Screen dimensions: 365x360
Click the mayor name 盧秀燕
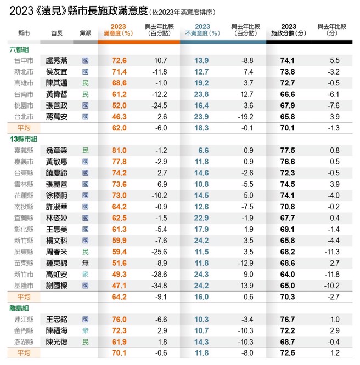tap(58, 61)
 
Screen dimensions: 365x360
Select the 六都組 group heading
tap(19, 50)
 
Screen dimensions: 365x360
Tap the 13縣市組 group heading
tap(24, 139)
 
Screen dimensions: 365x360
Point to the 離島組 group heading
tap(19, 307)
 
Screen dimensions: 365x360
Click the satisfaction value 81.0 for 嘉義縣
tap(118, 150)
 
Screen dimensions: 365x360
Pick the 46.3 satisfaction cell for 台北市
tap(118, 117)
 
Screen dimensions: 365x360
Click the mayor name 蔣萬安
tap(58, 117)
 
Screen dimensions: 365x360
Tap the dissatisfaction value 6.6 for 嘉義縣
tap(203, 150)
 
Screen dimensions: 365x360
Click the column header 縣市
tap(24, 34)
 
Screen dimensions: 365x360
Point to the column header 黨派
tap(85, 34)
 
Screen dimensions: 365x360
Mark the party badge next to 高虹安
tap(85, 274)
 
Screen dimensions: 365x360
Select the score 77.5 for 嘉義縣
tap(288, 150)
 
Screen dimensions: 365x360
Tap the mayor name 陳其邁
tap(58, 83)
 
